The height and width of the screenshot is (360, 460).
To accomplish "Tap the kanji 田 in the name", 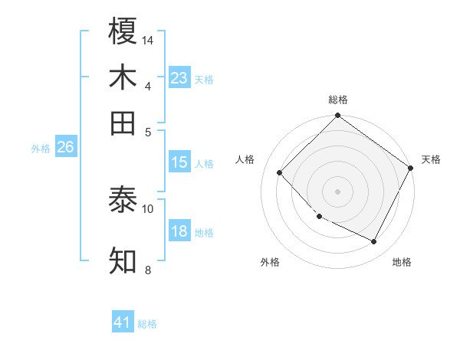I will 123,123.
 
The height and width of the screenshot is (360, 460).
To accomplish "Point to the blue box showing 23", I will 179,77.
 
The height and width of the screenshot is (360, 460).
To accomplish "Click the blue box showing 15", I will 179,162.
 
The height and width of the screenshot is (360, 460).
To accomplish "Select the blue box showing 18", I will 179,231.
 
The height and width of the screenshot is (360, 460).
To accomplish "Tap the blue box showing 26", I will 65,147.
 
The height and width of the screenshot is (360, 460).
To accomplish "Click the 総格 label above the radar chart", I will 337,100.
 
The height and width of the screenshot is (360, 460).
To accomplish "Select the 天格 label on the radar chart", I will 431,159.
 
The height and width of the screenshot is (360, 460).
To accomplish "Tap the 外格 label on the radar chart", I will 270,262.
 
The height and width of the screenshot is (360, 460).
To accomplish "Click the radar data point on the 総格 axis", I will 337,116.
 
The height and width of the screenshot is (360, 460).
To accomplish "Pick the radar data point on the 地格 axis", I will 374,242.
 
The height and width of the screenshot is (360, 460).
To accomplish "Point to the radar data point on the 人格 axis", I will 280,172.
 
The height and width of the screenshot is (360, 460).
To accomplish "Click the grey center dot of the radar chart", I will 337,191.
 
